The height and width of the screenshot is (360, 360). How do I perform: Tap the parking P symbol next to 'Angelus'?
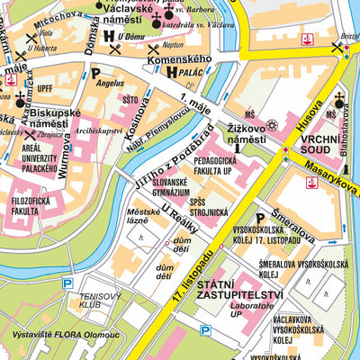94,73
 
